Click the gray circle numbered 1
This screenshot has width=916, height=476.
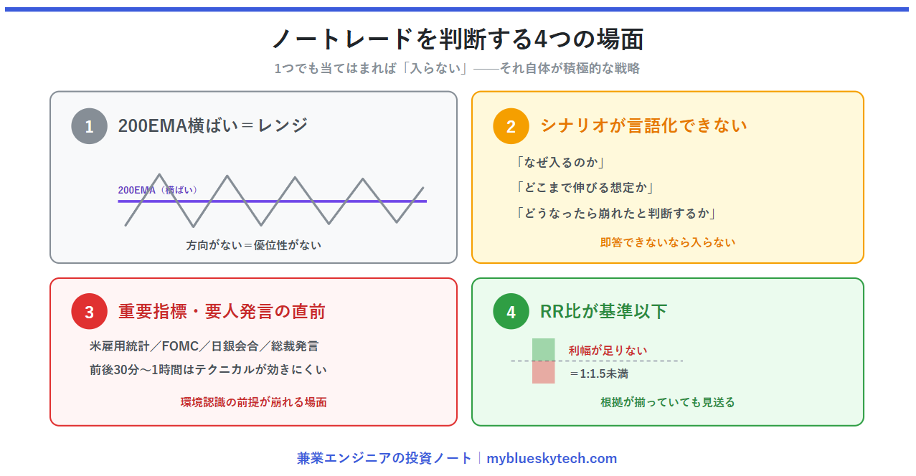[x=89, y=126]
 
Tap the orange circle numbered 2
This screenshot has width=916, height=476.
[x=511, y=126]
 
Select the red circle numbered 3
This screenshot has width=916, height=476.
[x=89, y=311]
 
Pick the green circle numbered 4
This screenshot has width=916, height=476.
[x=511, y=311]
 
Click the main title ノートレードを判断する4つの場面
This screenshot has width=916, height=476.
[x=458, y=39]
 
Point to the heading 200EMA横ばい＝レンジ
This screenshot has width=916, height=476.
[x=212, y=125]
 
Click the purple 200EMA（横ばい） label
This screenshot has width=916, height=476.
[x=157, y=190]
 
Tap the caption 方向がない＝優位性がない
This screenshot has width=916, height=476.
[x=253, y=245]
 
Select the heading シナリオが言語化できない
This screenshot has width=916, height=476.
[x=643, y=125]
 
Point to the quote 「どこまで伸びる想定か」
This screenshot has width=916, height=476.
[x=584, y=188]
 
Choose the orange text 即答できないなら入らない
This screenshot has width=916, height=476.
[x=667, y=242]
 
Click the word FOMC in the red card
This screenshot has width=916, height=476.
[x=180, y=346]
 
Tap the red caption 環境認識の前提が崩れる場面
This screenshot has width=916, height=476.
[x=253, y=402]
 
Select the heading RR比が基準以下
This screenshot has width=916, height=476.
[x=603, y=311]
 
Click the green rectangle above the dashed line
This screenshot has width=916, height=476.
[x=544, y=349]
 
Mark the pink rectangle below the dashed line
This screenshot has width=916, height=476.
[x=544, y=372]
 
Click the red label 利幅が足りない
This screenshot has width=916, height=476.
[x=608, y=350]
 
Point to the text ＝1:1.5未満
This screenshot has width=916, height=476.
[x=598, y=373]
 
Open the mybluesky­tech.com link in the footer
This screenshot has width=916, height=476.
[x=552, y=458]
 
